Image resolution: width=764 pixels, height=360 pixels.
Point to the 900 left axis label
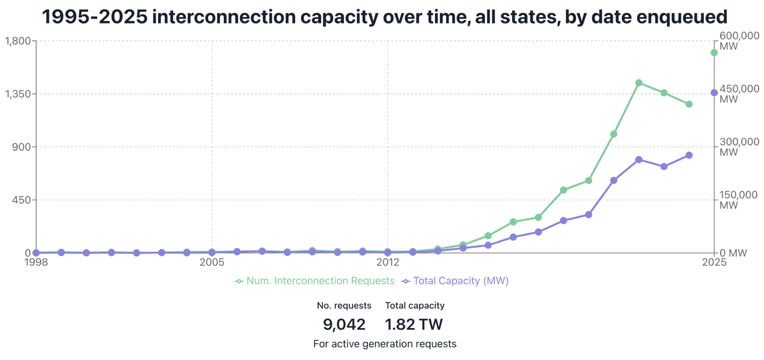click(21, 147)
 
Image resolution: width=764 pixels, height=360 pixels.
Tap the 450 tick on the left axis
click(21, 200)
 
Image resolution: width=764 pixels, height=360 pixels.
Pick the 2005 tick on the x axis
click(212, 262)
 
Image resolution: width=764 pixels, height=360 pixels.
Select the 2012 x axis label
click(388, 262)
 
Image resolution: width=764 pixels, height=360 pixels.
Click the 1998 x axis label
click(36, 262)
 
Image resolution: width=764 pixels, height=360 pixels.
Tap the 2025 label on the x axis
click(714, 262)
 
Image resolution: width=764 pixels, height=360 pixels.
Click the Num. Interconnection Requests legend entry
click(315, 281)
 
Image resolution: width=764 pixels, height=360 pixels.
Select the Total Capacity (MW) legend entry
click(456, 281)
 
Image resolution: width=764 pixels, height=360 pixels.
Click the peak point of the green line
click(639, 83)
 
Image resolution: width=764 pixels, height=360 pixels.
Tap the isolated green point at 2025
click(714, 53)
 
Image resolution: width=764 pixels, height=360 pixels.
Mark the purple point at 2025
click(714, 93)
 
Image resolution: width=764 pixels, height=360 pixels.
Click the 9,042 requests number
click(344, 325)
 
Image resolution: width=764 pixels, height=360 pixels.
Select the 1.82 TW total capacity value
click(414, 325)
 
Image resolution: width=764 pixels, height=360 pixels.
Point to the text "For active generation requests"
click(385, 344)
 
